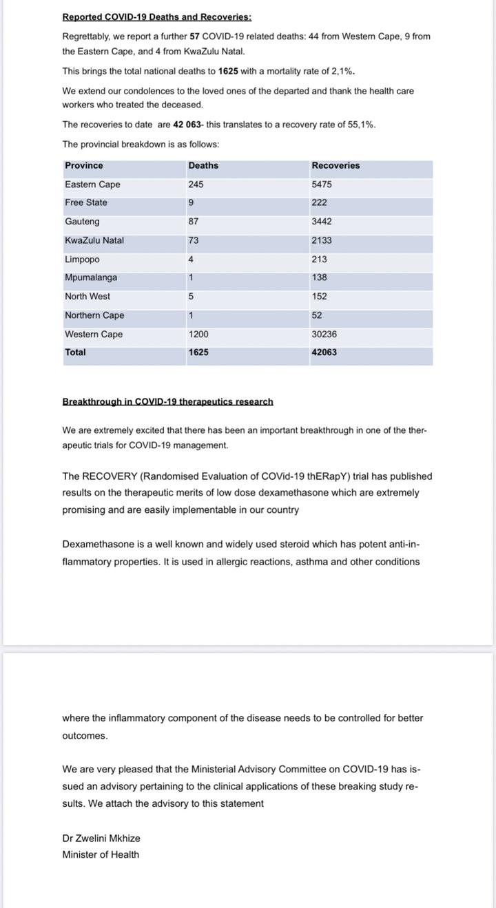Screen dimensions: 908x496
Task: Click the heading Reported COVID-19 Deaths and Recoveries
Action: (x=157, y=17)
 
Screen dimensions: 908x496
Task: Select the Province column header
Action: (x=84, y=166)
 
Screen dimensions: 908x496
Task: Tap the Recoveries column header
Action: (x=335, y=166)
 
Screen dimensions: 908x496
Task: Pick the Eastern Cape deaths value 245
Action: (x=196, y=184)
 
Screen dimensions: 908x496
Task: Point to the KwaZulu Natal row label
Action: (x=94, y=241)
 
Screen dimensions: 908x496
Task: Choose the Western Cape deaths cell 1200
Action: (x=198, y=335)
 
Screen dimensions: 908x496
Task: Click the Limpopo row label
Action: (x=82, y=260)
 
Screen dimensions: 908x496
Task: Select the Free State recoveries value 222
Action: (x=320, y=203)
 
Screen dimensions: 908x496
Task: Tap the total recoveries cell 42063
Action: (x=324, y=352)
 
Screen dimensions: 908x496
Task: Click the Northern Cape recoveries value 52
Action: (x=317, y=315)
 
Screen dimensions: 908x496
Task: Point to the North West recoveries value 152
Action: (x=320, y=297)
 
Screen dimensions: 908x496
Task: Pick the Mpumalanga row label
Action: (x=91, y=278)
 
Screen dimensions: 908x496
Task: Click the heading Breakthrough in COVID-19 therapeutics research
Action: (x=167, y=401)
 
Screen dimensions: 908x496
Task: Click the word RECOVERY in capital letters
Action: (x=110, y=476)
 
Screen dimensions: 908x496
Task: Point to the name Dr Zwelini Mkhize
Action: (x=101, y=838)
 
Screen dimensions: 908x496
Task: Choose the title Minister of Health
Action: (x=101, y=855)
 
